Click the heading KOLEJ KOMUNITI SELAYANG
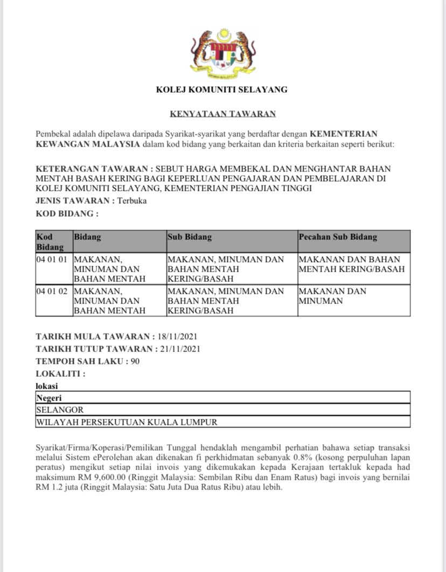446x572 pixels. coord(222,89)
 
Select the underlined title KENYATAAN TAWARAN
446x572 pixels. coord(223,114)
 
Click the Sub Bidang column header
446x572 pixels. coord(190,237)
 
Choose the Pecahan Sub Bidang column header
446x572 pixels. coord(338,237)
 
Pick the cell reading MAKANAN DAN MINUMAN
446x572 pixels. coord(332,296)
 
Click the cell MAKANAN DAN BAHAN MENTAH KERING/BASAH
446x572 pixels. coord(351,264)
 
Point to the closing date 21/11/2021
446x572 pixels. coord(180,348)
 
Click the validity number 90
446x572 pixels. coord(135,361)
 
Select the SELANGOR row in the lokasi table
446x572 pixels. coord(60,410)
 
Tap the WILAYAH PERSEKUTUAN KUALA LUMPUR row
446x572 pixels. coord(127,422)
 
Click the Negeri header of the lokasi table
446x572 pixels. coord(49,398)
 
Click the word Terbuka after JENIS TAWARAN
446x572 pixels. coord(133,201)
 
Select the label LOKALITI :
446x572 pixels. coord(60,374)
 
